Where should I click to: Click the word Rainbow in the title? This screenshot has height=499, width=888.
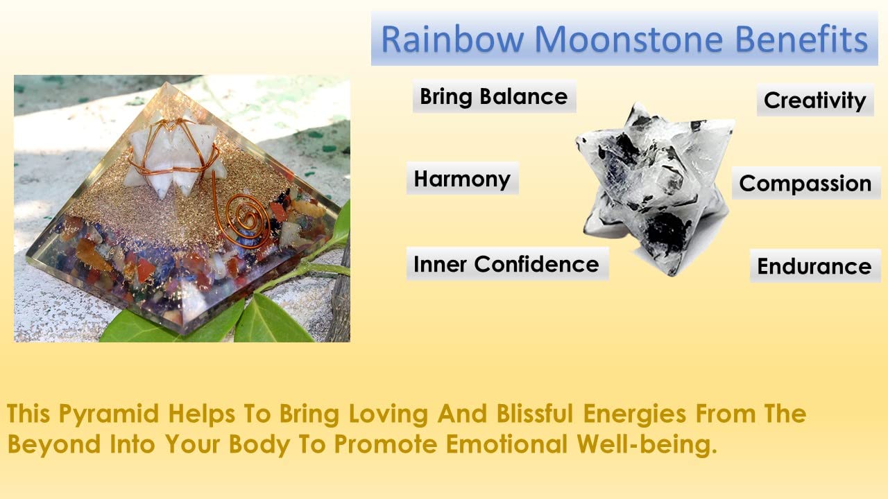452,40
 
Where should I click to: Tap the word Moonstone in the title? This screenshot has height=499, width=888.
629,40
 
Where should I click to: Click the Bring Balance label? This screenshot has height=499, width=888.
494,96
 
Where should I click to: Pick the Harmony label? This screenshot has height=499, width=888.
462,179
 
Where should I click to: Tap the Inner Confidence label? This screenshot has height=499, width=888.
507,264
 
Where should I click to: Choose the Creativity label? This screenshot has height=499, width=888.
815,100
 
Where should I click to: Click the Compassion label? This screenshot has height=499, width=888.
806,184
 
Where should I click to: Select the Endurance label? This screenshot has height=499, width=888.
815,266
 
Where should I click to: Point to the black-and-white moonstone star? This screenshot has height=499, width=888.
654,188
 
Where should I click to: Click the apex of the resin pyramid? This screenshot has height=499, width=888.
167,82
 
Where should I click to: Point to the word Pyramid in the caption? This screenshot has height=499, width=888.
109,414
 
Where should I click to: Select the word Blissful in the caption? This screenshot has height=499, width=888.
535,413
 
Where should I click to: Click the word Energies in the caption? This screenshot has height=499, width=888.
635,414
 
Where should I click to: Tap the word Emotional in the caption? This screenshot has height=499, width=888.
506,444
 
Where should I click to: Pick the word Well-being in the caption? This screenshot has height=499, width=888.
647,445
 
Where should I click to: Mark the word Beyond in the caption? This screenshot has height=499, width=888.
54,445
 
